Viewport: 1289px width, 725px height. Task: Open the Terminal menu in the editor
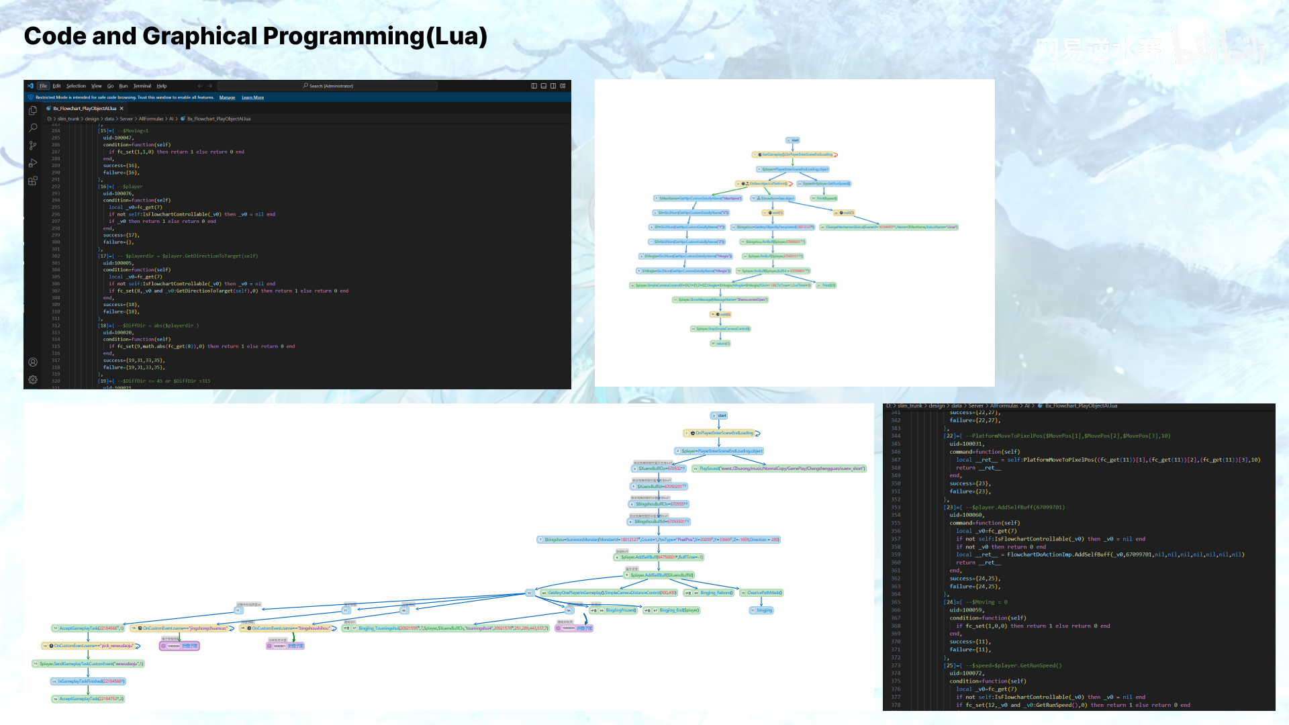pyautogui.click(x=142, y=86)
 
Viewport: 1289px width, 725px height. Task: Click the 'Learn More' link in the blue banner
pyautogui.click(x=252, y=97)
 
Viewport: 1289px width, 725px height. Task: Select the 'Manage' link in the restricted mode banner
pyautogui.click(x=227, y=97)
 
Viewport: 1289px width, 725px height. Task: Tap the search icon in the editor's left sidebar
pyautogui.click(x=33, y=128)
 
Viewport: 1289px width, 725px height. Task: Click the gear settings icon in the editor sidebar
pyautogui.click(x=33, y=379)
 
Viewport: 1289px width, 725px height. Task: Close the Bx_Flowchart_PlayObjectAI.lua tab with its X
pyautogui.click(x=122, y=108)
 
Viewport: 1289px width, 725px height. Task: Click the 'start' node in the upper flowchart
pyautogui.click(x=793, y=140)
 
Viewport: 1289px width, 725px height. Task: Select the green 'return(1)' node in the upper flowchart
pyautogui.click(x=720, y=343)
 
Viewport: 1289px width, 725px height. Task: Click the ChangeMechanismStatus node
pyautogui.click(x=889, y=227)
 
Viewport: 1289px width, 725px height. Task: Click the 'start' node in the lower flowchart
pyautogui.click(x=719, y=416)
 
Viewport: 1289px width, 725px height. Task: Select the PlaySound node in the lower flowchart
pyautogui.click(x=779, y=469)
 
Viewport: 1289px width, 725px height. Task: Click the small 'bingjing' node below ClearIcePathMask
pyautogui.click(x=762, y=610)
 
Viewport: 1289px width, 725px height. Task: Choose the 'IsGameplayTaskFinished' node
pyautogui.click(x=89, y=681)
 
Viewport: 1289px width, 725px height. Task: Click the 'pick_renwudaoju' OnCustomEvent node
pyautogui.click(x=91, y=646)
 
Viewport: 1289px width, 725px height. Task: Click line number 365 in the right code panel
pyautogui.click(x=896, y=602)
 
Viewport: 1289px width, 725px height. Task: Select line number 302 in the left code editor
pyautogui.click(x=56, y=256)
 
